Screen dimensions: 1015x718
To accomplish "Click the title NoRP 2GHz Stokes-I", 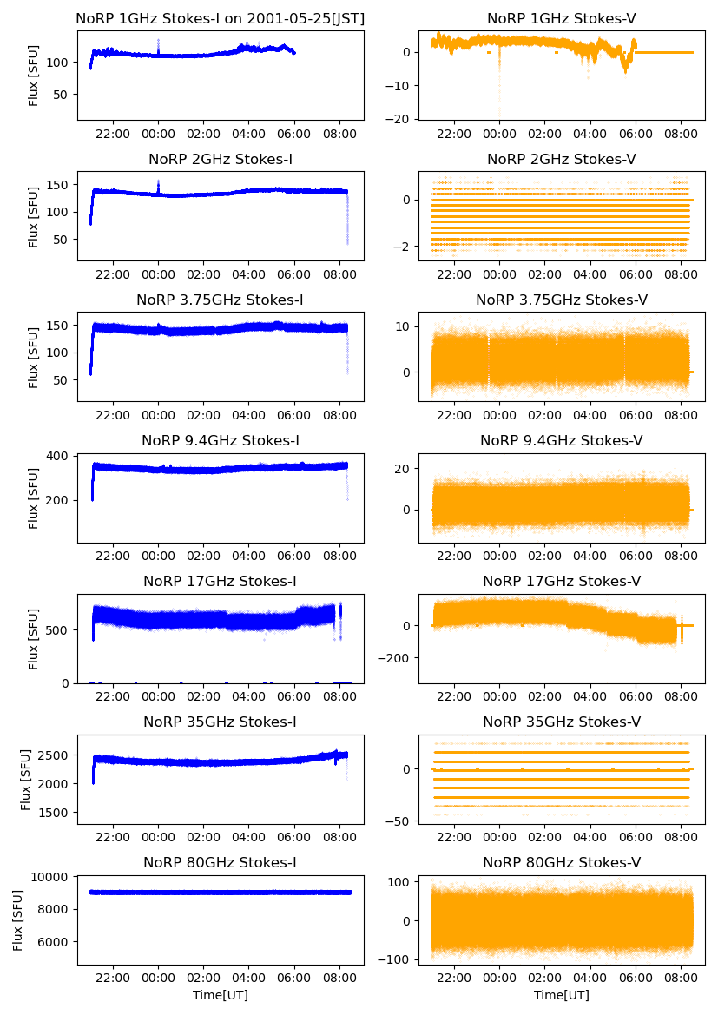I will point(221,160).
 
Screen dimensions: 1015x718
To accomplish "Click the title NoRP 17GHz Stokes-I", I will point(221,582).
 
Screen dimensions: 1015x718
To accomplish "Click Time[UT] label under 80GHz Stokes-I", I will point(221,995).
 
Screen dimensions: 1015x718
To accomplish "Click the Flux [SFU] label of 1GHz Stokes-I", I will point(34,76).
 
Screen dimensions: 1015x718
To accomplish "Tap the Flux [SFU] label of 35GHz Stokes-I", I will point(27,779).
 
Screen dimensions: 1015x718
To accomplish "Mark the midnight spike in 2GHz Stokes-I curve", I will point(158,186).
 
